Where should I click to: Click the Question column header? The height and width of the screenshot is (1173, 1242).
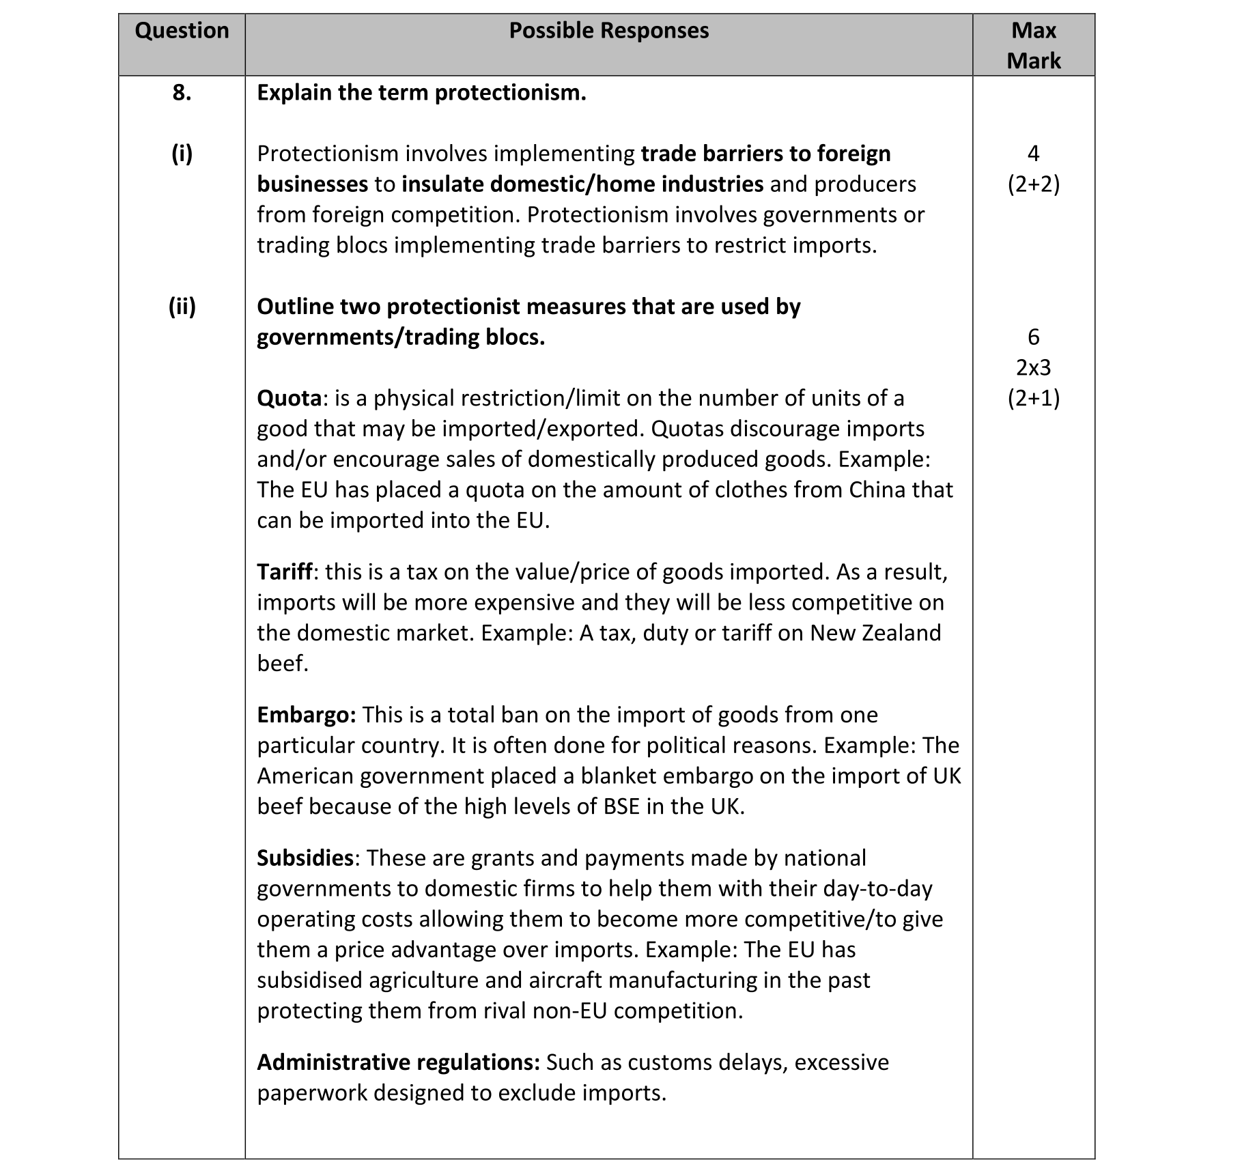click(182, 31)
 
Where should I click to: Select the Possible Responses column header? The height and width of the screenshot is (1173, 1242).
click(608, 31)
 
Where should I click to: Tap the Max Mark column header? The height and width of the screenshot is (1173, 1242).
click(1033, 45)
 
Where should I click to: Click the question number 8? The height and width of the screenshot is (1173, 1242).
click(182, 93)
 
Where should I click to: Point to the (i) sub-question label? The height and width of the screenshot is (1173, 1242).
click(182, 154)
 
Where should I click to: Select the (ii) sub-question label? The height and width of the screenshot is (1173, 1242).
click(182, 307)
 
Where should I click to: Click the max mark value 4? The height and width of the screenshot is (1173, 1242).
click(1033, 154)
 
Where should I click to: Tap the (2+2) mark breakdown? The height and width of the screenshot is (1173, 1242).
click(1033, 184)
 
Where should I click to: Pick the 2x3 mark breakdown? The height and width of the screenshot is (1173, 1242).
click(1033, 368)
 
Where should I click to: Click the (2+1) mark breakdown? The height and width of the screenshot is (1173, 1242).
click(1033, 398)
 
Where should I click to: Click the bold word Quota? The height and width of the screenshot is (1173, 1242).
click(289, 398)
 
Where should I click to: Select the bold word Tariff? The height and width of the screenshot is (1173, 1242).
click(285, 571)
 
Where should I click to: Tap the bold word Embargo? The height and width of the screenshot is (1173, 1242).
click(306, 715)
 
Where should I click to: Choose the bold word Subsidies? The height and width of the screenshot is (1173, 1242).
click(305, 858)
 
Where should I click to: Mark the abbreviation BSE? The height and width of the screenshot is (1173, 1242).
click(621, 806)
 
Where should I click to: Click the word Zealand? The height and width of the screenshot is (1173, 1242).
click(901, 633)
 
